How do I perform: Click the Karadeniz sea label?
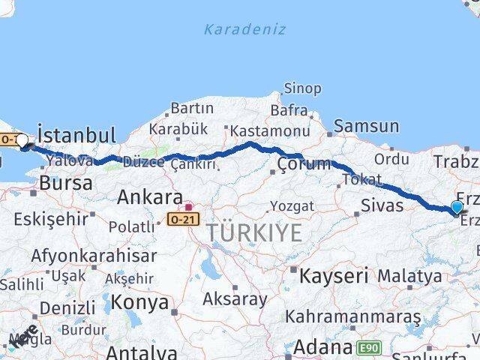coord(244,29)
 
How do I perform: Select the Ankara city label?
coord(150,198)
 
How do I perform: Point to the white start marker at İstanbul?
coord(22,139)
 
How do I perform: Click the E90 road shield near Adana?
coord(367,347)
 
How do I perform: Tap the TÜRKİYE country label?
coord(255,232)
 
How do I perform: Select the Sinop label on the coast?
coord(302,88)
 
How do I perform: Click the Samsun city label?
coord(366,126)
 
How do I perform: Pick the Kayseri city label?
coord(333,275)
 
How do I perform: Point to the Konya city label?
coord(139,302)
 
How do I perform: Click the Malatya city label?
coord(409,276)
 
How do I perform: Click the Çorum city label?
coord(304,164)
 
